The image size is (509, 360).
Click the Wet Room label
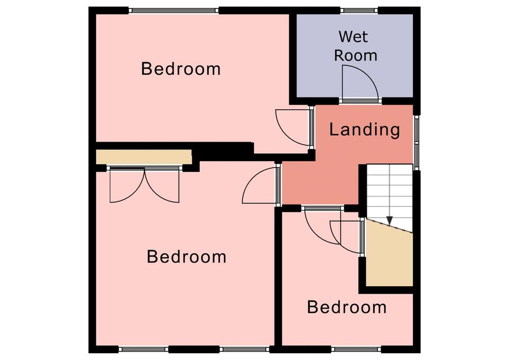355,46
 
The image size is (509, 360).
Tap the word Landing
365,129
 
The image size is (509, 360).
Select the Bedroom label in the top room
181,69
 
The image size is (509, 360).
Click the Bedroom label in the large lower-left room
186,257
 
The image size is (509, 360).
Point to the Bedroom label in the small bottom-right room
347,307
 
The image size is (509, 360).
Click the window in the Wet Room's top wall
359,11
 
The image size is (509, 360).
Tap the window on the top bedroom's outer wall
174,11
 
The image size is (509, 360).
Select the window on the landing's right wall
417,143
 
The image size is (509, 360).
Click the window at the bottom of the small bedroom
356,349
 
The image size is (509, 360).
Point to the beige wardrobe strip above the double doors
144,157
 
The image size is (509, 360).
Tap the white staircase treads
390,195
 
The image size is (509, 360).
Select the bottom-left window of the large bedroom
144,349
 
